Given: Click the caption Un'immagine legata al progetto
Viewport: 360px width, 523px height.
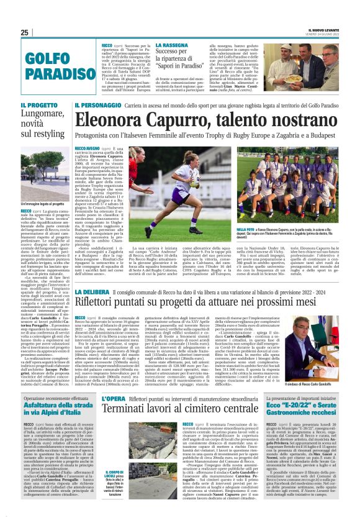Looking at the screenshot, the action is click(42, 203).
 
